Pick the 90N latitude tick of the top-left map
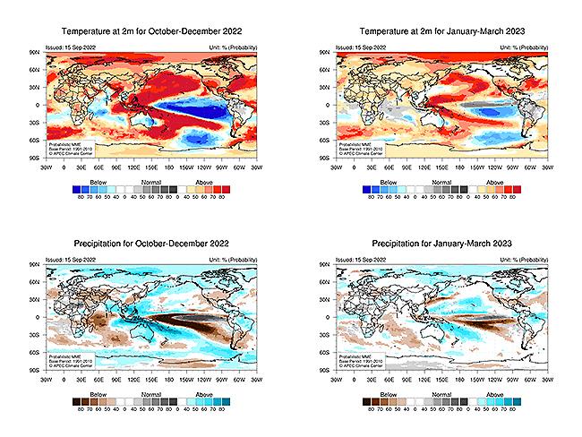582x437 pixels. coord(36,53)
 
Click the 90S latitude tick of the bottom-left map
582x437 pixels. coord(36,369)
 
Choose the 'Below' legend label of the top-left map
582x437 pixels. coord(92,181)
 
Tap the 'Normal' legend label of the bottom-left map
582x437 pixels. coord(149,393)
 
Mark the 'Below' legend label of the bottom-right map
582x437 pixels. coord(383,393)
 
